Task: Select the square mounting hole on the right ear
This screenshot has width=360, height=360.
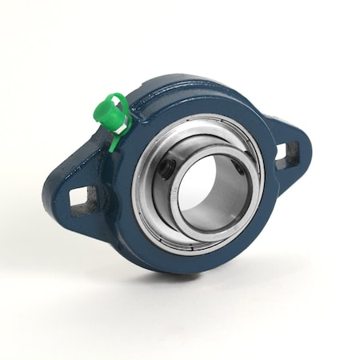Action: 288,154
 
